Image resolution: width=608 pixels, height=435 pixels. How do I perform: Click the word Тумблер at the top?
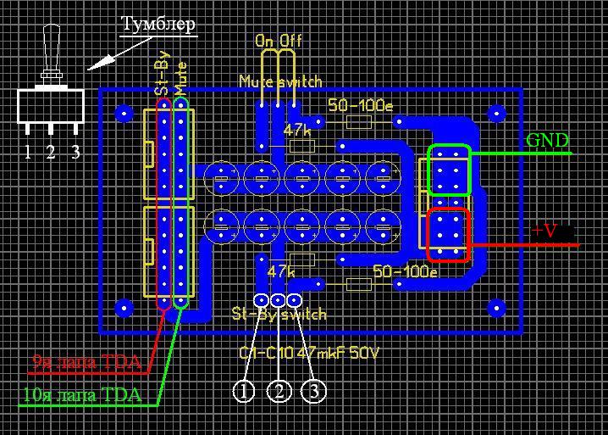tap(158, 25)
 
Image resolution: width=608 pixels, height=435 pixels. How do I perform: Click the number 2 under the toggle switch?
tap(51, 153)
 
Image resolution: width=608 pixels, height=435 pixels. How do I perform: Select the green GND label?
tap(547, 141)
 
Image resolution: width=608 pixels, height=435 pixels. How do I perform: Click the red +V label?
tap(547, 230)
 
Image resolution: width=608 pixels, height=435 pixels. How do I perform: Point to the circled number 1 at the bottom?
tap(245, 391)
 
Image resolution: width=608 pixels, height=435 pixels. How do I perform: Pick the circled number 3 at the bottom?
tap(313, 391)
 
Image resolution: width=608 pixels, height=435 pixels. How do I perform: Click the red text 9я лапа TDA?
tap(86, 363)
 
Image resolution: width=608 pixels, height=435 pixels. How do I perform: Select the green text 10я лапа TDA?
tap(82, 395)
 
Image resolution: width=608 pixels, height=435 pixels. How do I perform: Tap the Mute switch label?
tap(280, 82)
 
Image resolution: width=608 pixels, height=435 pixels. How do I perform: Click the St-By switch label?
tap(279, 315)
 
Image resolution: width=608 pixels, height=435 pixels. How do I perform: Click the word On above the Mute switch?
tap(265, 41)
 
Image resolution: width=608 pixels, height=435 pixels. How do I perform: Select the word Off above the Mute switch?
tap(290, 41)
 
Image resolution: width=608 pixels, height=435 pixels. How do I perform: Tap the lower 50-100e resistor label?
tap(405, 272)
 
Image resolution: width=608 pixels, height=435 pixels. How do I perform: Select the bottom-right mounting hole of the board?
tap(495, 306)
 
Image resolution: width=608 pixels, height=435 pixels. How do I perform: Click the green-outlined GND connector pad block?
tap(449, 170)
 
